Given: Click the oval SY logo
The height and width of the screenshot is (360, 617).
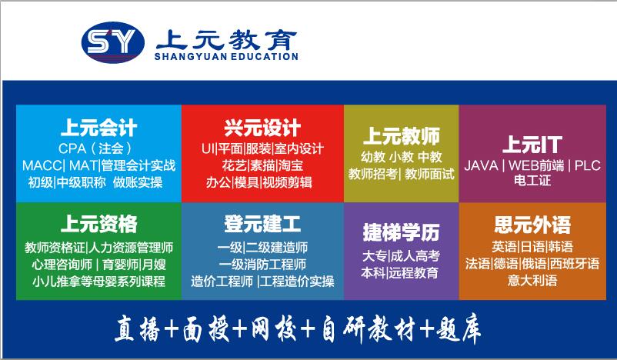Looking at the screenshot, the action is [113, 42].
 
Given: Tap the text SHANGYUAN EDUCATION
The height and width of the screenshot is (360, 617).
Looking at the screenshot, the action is [226, 57].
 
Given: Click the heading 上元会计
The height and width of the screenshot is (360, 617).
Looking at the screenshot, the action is [98, 128].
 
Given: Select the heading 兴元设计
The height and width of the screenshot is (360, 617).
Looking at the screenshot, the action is [262, 128].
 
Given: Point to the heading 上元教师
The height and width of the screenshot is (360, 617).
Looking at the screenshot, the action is [402, 135].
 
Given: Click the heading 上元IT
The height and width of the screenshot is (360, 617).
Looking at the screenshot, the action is [532, 145].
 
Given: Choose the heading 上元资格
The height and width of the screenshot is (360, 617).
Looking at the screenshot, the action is [98, 224].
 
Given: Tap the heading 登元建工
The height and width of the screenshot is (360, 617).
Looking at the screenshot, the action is [262, 224].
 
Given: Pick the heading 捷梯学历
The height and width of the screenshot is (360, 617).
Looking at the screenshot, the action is [401, 232].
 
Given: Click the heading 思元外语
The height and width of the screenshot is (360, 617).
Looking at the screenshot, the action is [532, 225].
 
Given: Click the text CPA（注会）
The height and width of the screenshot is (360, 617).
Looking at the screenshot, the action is [95, 148].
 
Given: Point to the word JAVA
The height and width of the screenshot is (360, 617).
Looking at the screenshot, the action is [482, 165].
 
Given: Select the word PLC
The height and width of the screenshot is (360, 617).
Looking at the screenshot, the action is [588, 165].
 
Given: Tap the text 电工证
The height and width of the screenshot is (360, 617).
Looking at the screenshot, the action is [532, 181].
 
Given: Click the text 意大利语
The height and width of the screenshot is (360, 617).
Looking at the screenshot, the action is [532, 280].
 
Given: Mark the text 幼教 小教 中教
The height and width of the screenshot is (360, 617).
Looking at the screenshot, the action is [402, 157].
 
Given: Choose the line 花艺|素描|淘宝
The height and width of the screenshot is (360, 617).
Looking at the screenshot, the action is [262, 165].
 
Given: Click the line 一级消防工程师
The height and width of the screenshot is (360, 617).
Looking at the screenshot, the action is [262, 264].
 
